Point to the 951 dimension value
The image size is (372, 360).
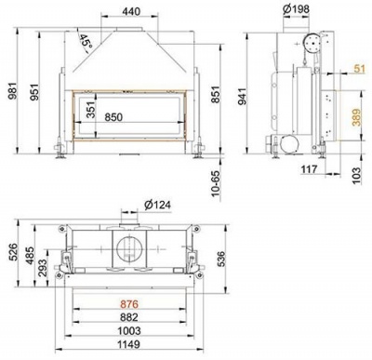36,89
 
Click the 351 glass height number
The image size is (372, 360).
90,110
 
